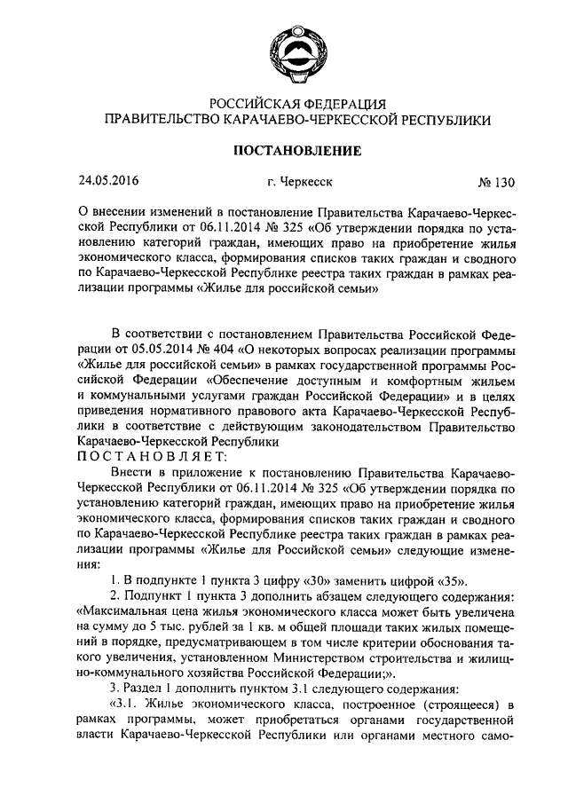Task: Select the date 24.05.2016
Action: coord(109,182)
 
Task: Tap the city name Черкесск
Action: coord(300,183)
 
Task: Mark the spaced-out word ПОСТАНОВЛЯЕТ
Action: coord(153,457)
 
